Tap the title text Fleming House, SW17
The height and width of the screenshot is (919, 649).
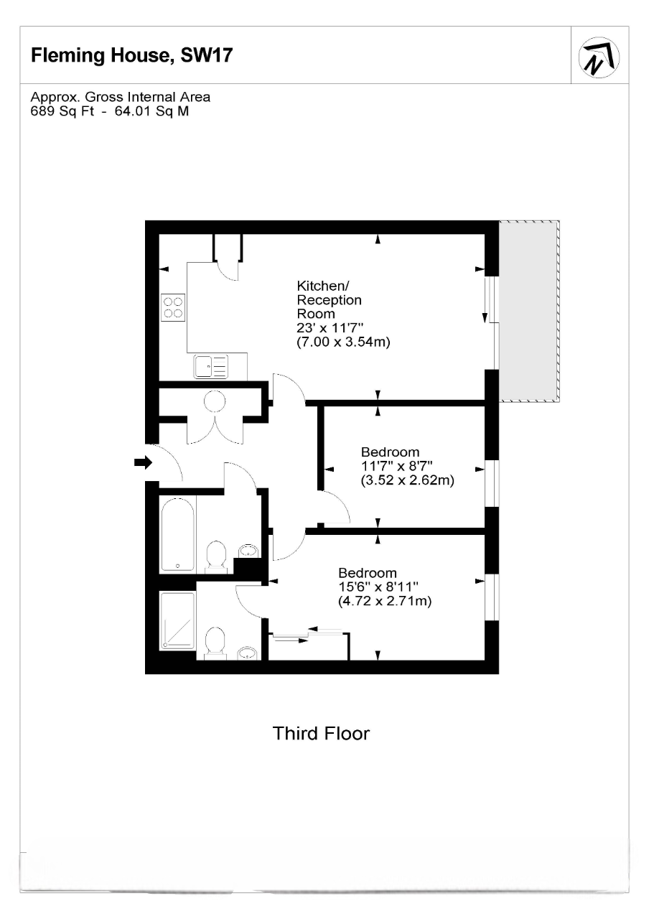(131, 56)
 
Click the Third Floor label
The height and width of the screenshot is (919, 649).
(321, 734)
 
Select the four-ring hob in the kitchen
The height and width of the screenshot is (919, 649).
(172, 307)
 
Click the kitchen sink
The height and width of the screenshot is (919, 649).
(210, 366)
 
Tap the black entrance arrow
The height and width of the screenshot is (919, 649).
(144, 463)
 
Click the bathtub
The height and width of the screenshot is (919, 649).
(177, 533)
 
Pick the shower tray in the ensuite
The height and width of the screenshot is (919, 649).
(177, 620)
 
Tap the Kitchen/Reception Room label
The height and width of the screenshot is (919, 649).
(330, 299)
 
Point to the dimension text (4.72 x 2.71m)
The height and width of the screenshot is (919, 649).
(385, 602)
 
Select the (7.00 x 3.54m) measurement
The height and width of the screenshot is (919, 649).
(343, 343)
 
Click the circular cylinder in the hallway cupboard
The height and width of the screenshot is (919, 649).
(215, 401)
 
